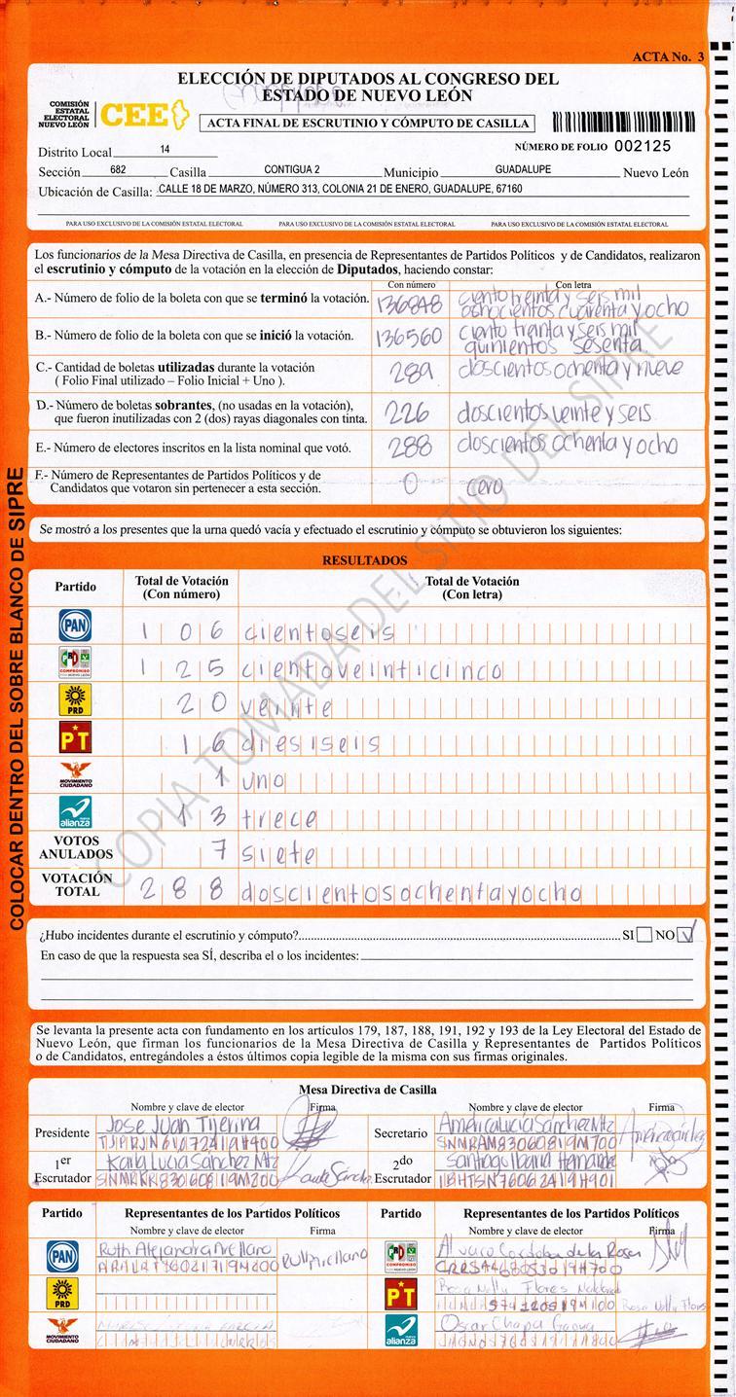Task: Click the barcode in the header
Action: [x=623, y=123]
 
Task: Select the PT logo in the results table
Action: [x=75, y=738]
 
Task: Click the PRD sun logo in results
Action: [x=75, y=700]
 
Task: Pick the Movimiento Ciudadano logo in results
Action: [x=75, y=775]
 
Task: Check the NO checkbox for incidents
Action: [x=687, y=935]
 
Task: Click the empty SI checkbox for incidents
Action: [x=644, y=935]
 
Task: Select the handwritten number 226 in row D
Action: [x=408, y=412]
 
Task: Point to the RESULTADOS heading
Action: [x=365, y=561]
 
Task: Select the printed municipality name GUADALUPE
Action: [x=523, y=169]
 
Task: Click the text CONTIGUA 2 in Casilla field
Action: [x=292, y=169]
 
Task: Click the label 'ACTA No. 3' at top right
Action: [x=667, y=57]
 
